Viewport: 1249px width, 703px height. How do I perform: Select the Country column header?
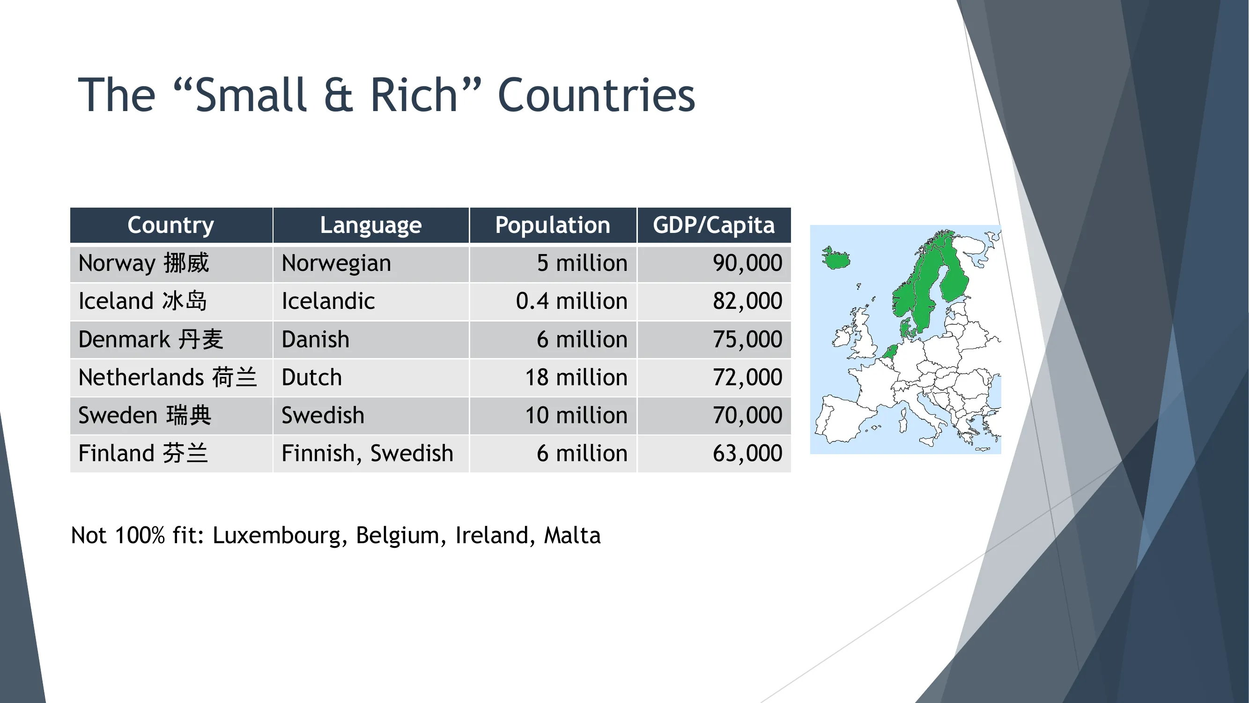tap(170, 225)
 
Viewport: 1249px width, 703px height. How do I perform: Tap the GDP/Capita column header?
tap(713, 225)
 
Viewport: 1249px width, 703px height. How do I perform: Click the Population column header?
tap(552, 225)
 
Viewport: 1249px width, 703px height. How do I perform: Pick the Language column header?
tap(370, 225)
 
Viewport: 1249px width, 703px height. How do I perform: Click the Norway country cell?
tap(143, 263)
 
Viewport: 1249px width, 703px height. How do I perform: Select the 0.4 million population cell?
tap(571, 301)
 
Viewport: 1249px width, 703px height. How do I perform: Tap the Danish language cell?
tap(315, 339)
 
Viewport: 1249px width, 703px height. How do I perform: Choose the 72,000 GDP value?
tap(747, 377)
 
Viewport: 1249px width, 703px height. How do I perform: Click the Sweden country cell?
tap(145, 415)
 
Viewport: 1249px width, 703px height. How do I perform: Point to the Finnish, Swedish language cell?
tap(367, 454)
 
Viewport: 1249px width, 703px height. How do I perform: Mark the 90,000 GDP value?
tap(747, 263)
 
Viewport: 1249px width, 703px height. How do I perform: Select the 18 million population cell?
tap(576, 377)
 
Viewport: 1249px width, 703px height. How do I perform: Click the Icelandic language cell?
tap(328, 301)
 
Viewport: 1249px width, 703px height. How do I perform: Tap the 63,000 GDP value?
tap(747, 454)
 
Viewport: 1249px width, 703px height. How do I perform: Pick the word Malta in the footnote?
tap(572, 536)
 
